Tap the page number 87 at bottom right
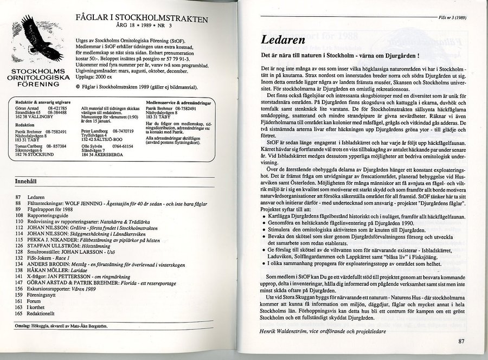point(462,341)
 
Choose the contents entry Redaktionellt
point(45,313)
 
